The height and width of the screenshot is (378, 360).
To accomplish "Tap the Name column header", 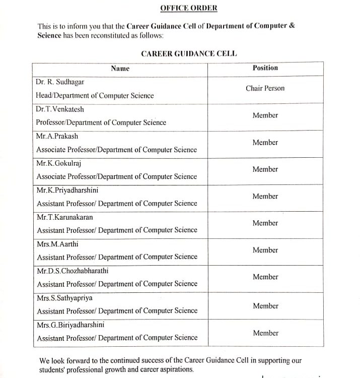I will click(x=120, y=68).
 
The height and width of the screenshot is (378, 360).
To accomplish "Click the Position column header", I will click(x=265, y=68).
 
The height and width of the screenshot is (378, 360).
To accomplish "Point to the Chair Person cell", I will click(x=265, y=88).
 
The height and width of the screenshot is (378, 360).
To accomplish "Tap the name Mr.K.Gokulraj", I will click(x=59, y=163).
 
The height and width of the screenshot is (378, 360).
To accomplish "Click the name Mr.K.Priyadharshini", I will click(x=66, y=190).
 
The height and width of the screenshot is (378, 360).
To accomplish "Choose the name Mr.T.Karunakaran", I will click(x=64, y=217).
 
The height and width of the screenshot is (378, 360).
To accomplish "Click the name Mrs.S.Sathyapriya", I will click(x=64, y=298).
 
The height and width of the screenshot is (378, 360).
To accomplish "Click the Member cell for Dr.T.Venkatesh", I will click(x=265, y=115).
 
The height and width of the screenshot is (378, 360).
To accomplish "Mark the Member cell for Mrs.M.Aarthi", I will click(x=265, y=250).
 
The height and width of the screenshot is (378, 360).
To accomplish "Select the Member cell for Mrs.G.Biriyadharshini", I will click(x=265, y=333).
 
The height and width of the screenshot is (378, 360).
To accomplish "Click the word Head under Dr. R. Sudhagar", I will click(x=44, y=95).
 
